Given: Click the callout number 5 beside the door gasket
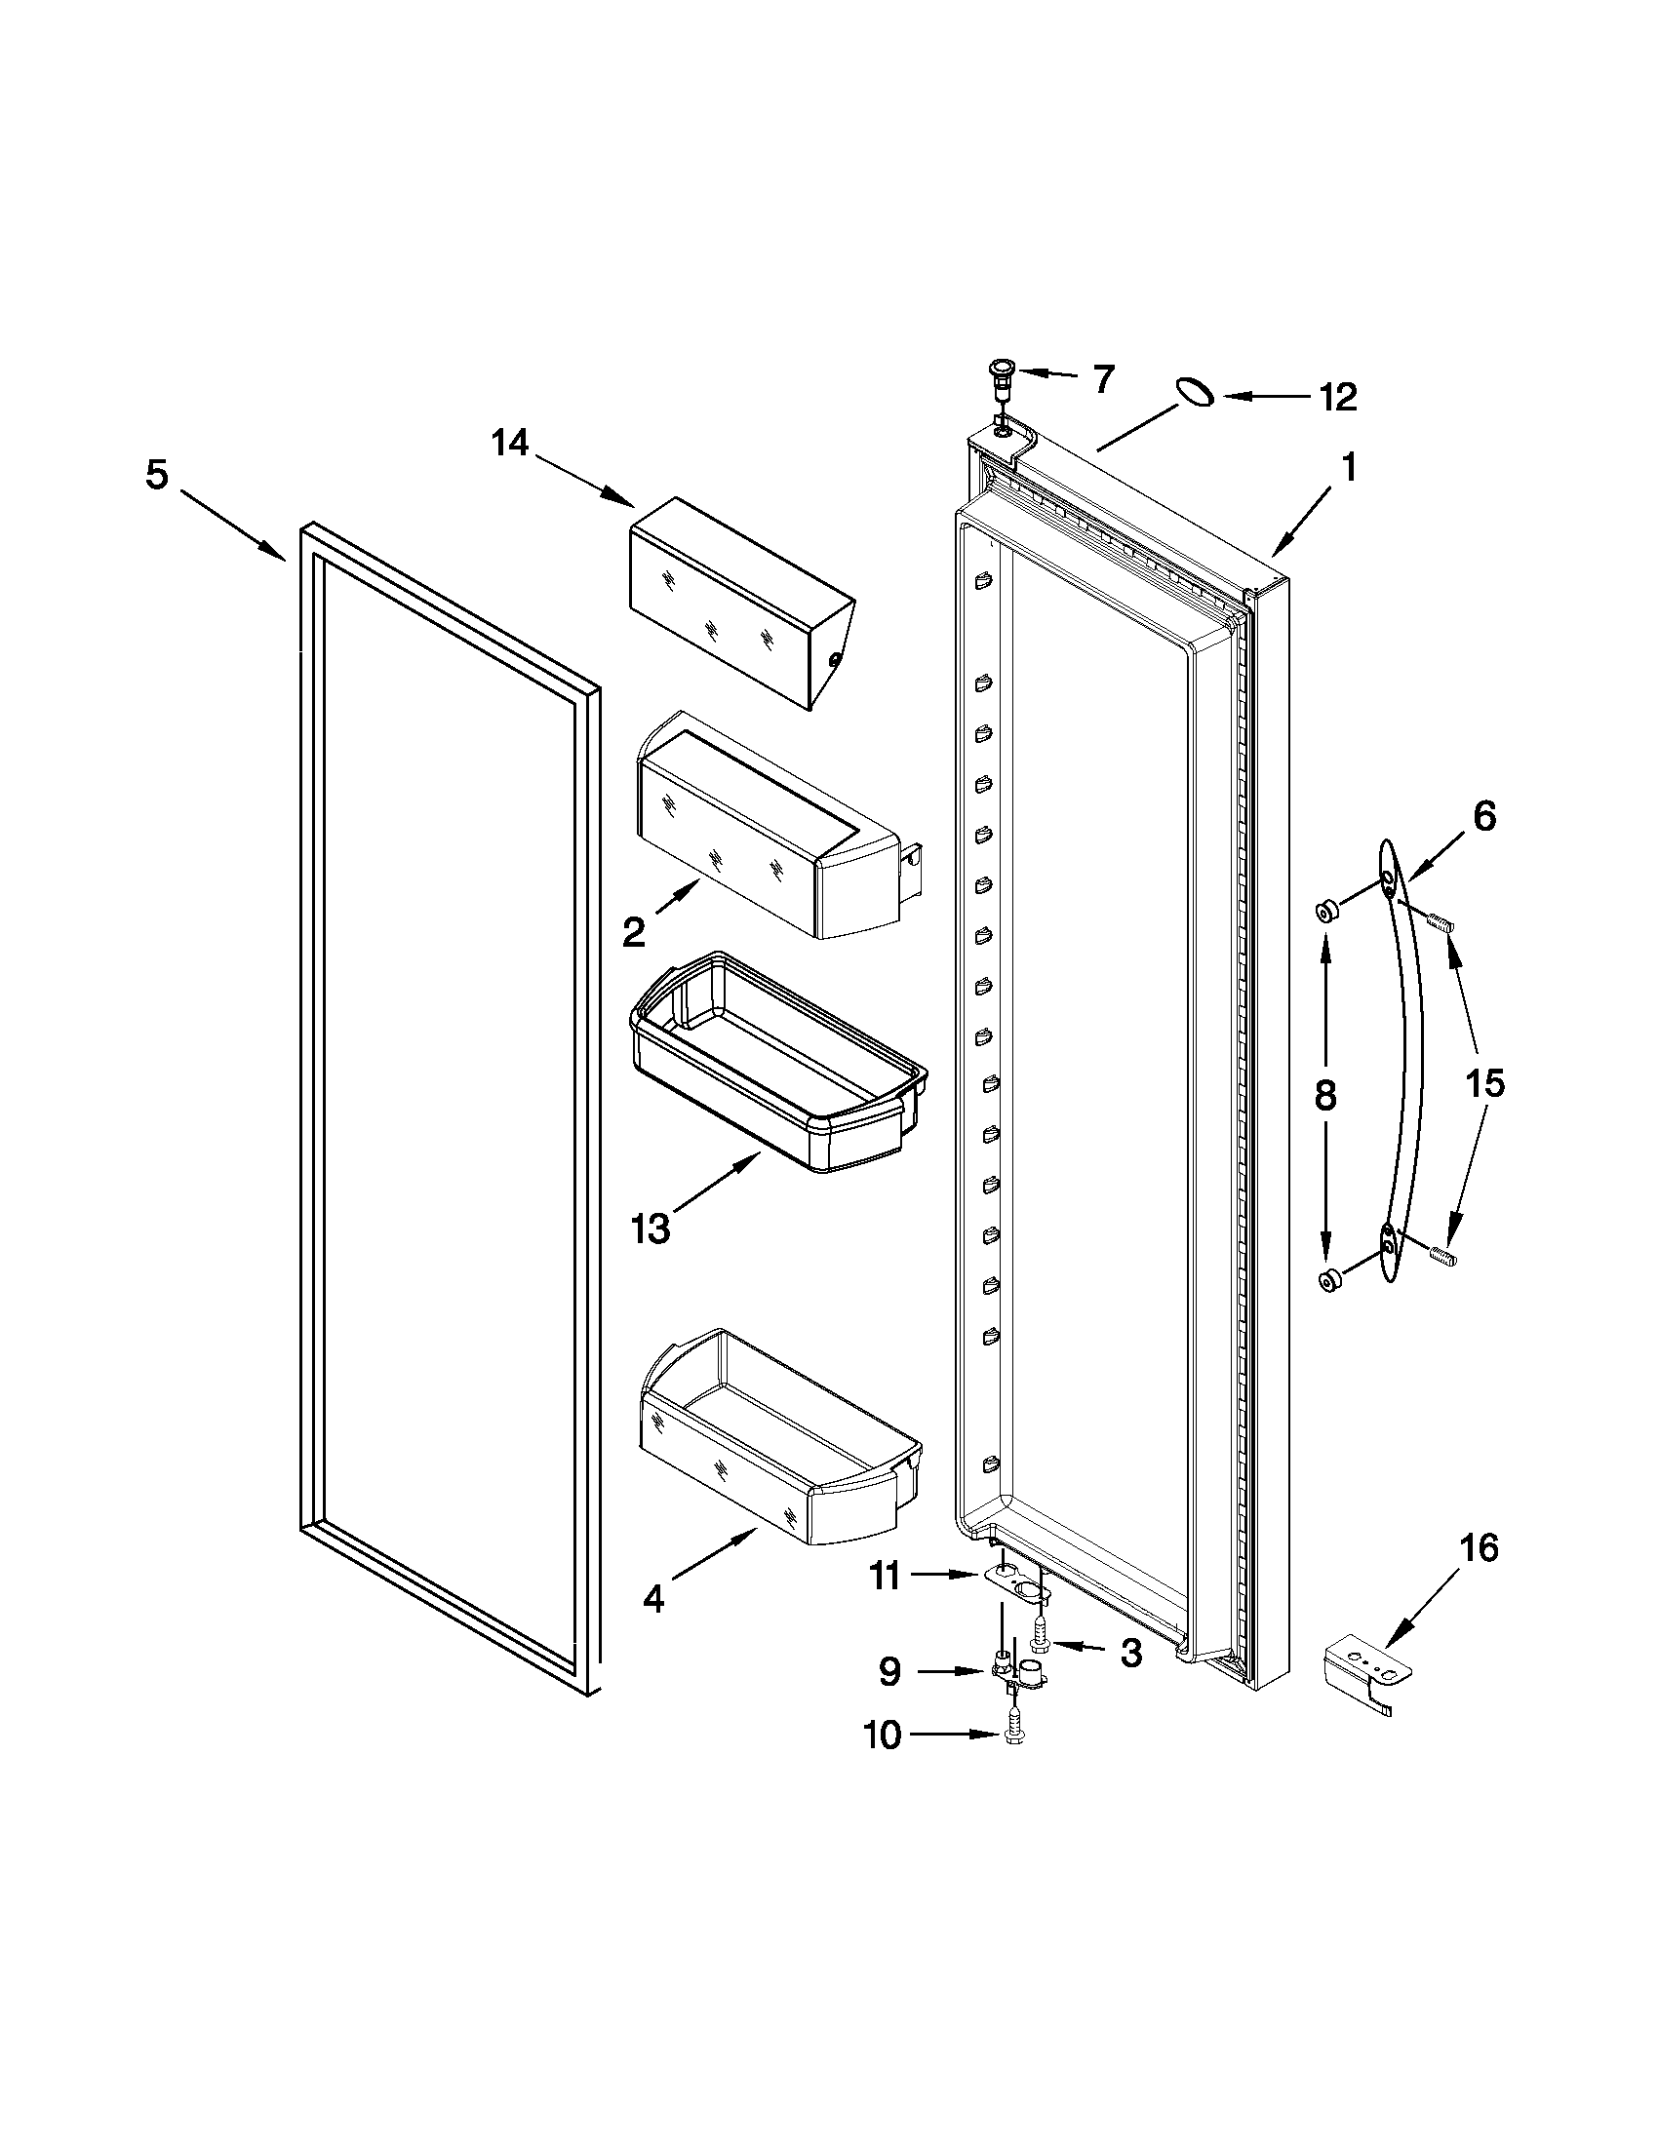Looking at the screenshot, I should (x=157, y=476).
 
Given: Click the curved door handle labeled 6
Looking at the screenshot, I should (x=1407, y=1061).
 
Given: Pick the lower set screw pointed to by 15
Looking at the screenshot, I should (x=1441, y=1255).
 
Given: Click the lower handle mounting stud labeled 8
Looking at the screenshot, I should (x=1329, y=1278).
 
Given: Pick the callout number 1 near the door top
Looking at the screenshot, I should (x=1350, y=468).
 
